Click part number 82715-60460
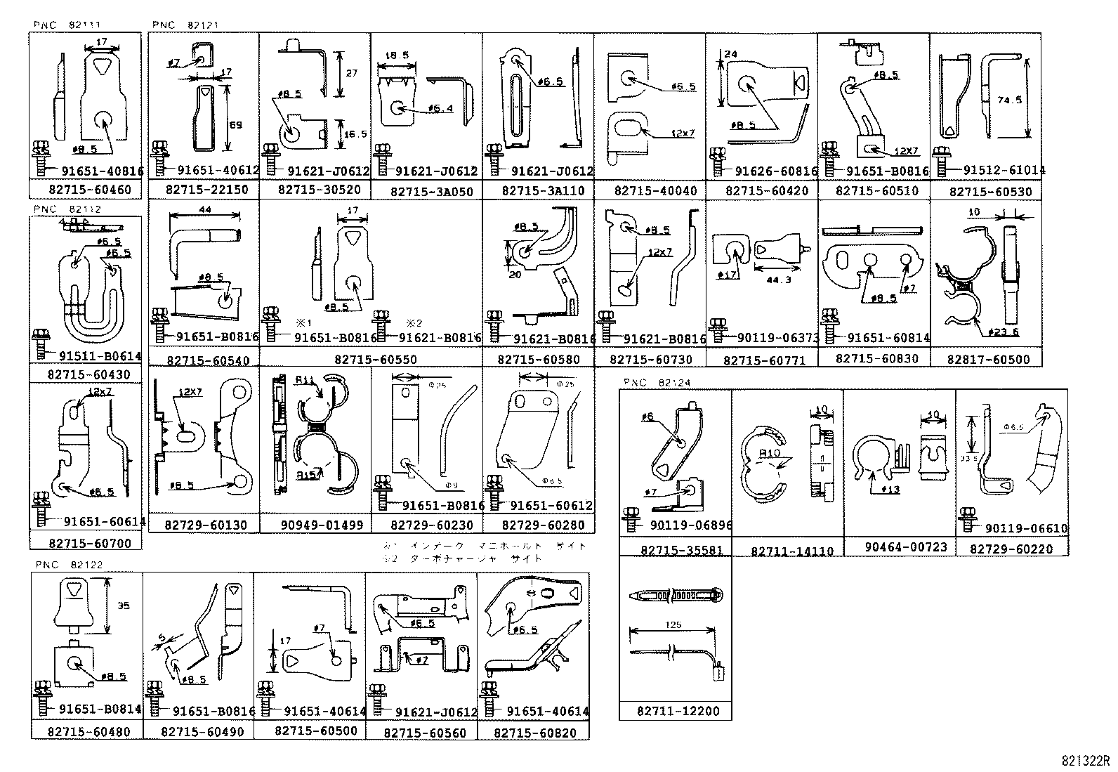[85, 190]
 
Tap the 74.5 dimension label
[1010, 100]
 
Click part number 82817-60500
[988, 360]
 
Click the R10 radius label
[770, 453]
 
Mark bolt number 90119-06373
[778, 338]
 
